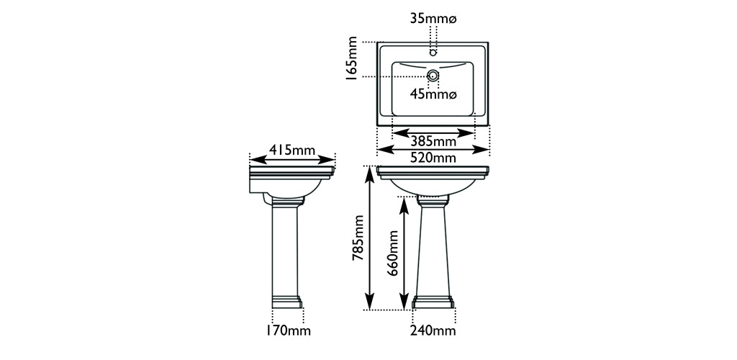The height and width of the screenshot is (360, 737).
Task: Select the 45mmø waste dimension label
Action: point(434,94)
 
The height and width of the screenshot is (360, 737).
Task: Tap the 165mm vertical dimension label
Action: point(352,60)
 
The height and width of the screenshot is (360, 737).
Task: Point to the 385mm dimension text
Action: point(434,141)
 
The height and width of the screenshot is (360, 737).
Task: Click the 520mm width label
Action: point(434,158)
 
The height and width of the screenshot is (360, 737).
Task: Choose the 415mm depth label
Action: point(292,150)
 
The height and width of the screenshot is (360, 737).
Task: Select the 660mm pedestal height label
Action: point(393,253)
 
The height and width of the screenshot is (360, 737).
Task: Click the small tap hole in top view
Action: point(433,51)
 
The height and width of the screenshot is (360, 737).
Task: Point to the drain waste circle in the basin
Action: point(433,75)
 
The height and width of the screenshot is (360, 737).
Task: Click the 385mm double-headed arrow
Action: point(433,133)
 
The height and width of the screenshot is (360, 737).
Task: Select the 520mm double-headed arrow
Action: point(433,149)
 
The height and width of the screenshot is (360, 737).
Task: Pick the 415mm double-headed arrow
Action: point(292,158)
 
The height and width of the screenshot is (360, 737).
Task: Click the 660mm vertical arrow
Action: point(404,253)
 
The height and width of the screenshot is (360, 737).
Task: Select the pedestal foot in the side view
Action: point(288,301)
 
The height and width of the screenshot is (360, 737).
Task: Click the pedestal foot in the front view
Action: point(434,301)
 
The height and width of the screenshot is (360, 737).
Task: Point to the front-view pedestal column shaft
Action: point(434,245)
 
